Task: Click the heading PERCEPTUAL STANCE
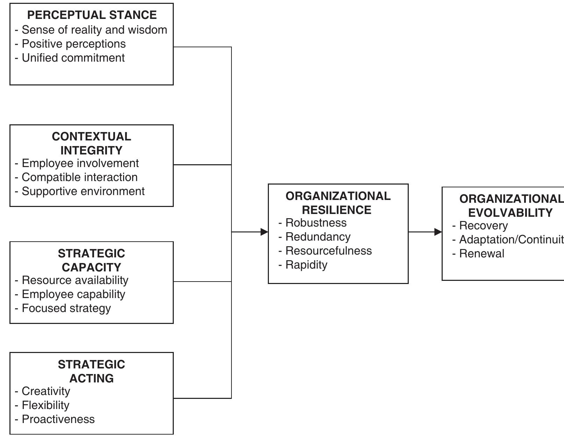(x=92, y=15)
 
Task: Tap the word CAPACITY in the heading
(x=91, y=267)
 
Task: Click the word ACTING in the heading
(x=91, y=378)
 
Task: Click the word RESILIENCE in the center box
(x=337, y=210)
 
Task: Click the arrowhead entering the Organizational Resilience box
(x=264, y=232)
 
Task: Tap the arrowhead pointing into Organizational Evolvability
(x=438, y=232)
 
